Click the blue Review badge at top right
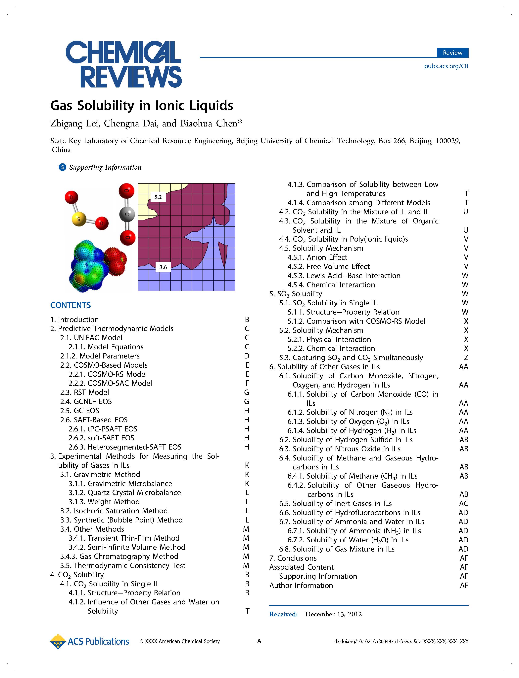pos(452,53)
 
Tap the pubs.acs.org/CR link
pos(446,66)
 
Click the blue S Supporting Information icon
pos(62,167)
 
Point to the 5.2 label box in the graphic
pos(158,197)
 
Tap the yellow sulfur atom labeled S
pos(79,219)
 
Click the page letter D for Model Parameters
pos(247,356)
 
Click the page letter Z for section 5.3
pos(466,358)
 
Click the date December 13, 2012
pos(333,614)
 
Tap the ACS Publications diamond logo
pos(58,642)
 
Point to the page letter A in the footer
pos(259,641)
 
